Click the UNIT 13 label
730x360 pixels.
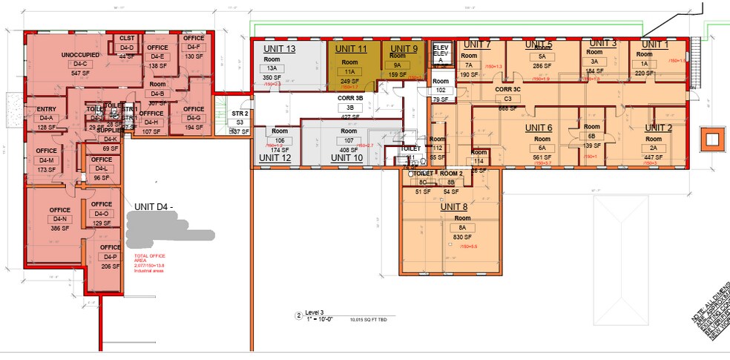[x=280, y=49]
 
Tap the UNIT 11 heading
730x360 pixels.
[x=351, y=49]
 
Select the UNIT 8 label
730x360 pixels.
[x=455, y=207]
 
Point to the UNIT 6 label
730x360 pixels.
[x=539, y=128]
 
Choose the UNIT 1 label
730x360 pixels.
[x=656, y=45]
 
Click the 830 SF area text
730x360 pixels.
[x=462, y=237]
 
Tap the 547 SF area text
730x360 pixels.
[x=81, y=74]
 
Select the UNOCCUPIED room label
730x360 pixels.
[x=81, y=55]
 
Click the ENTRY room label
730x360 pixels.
[x=46, y=109]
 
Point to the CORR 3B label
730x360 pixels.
[x=350, y=97]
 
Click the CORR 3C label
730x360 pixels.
[x=508, y=89]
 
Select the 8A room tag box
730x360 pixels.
[x=462, y=228]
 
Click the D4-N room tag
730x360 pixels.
[x=59, y=220]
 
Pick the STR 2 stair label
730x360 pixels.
[x=239, y=114]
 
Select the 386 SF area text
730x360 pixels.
[x=59, y=229]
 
